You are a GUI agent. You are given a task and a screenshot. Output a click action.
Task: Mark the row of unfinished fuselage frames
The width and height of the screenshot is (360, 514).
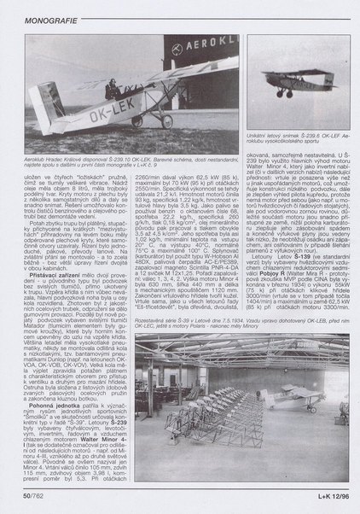[196, 427]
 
